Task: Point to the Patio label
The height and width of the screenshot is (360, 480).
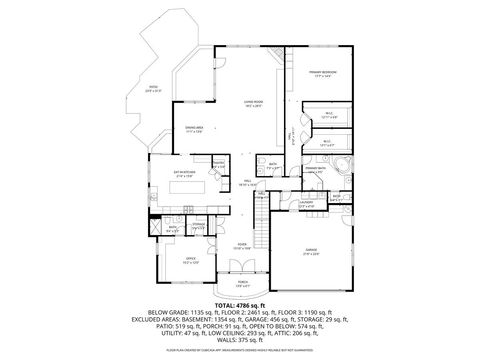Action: click(x=153, y=88)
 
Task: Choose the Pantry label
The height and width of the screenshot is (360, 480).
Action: click(x=219, y=165)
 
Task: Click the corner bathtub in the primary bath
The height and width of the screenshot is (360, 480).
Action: click(x=344, y=166)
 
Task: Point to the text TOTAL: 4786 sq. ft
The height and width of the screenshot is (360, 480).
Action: click(x=240, y=304)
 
